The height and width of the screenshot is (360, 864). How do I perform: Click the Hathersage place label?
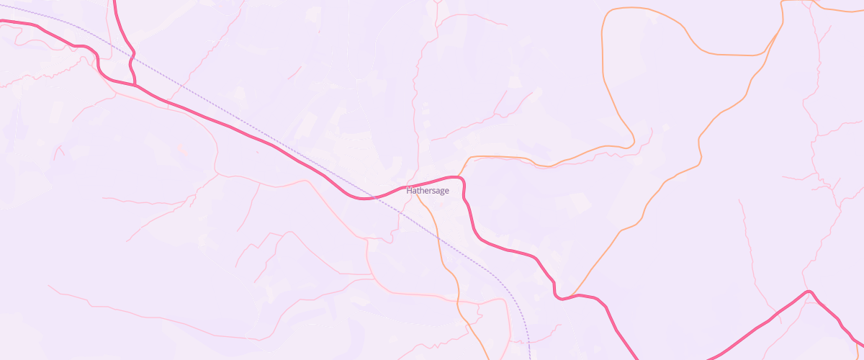pyautogui.click(x=428, y=191)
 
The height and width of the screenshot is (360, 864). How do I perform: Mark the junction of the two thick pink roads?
pyautogui.click(x=135, y=85)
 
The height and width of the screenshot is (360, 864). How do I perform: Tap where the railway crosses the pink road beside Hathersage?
pyautogui.click(x=374, y=197)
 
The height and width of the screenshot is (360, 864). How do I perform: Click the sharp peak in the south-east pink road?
pyautogui.click(x=809, y=292)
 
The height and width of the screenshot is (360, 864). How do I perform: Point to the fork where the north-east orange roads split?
pyautogui.click(x=783, y=22)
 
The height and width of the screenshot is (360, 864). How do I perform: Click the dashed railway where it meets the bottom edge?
pyautogui.click(x=529, y=358)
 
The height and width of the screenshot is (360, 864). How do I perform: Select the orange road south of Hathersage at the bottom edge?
pyautogui.click(x=488, y=358)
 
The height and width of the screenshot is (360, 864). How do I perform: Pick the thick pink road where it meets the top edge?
pyautogui.click(x=115, y=2)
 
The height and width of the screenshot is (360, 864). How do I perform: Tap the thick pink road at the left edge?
pyautogui.click(x=2, y=22)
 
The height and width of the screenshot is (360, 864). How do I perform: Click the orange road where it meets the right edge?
pyautogui.click(x=861, y=10)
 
